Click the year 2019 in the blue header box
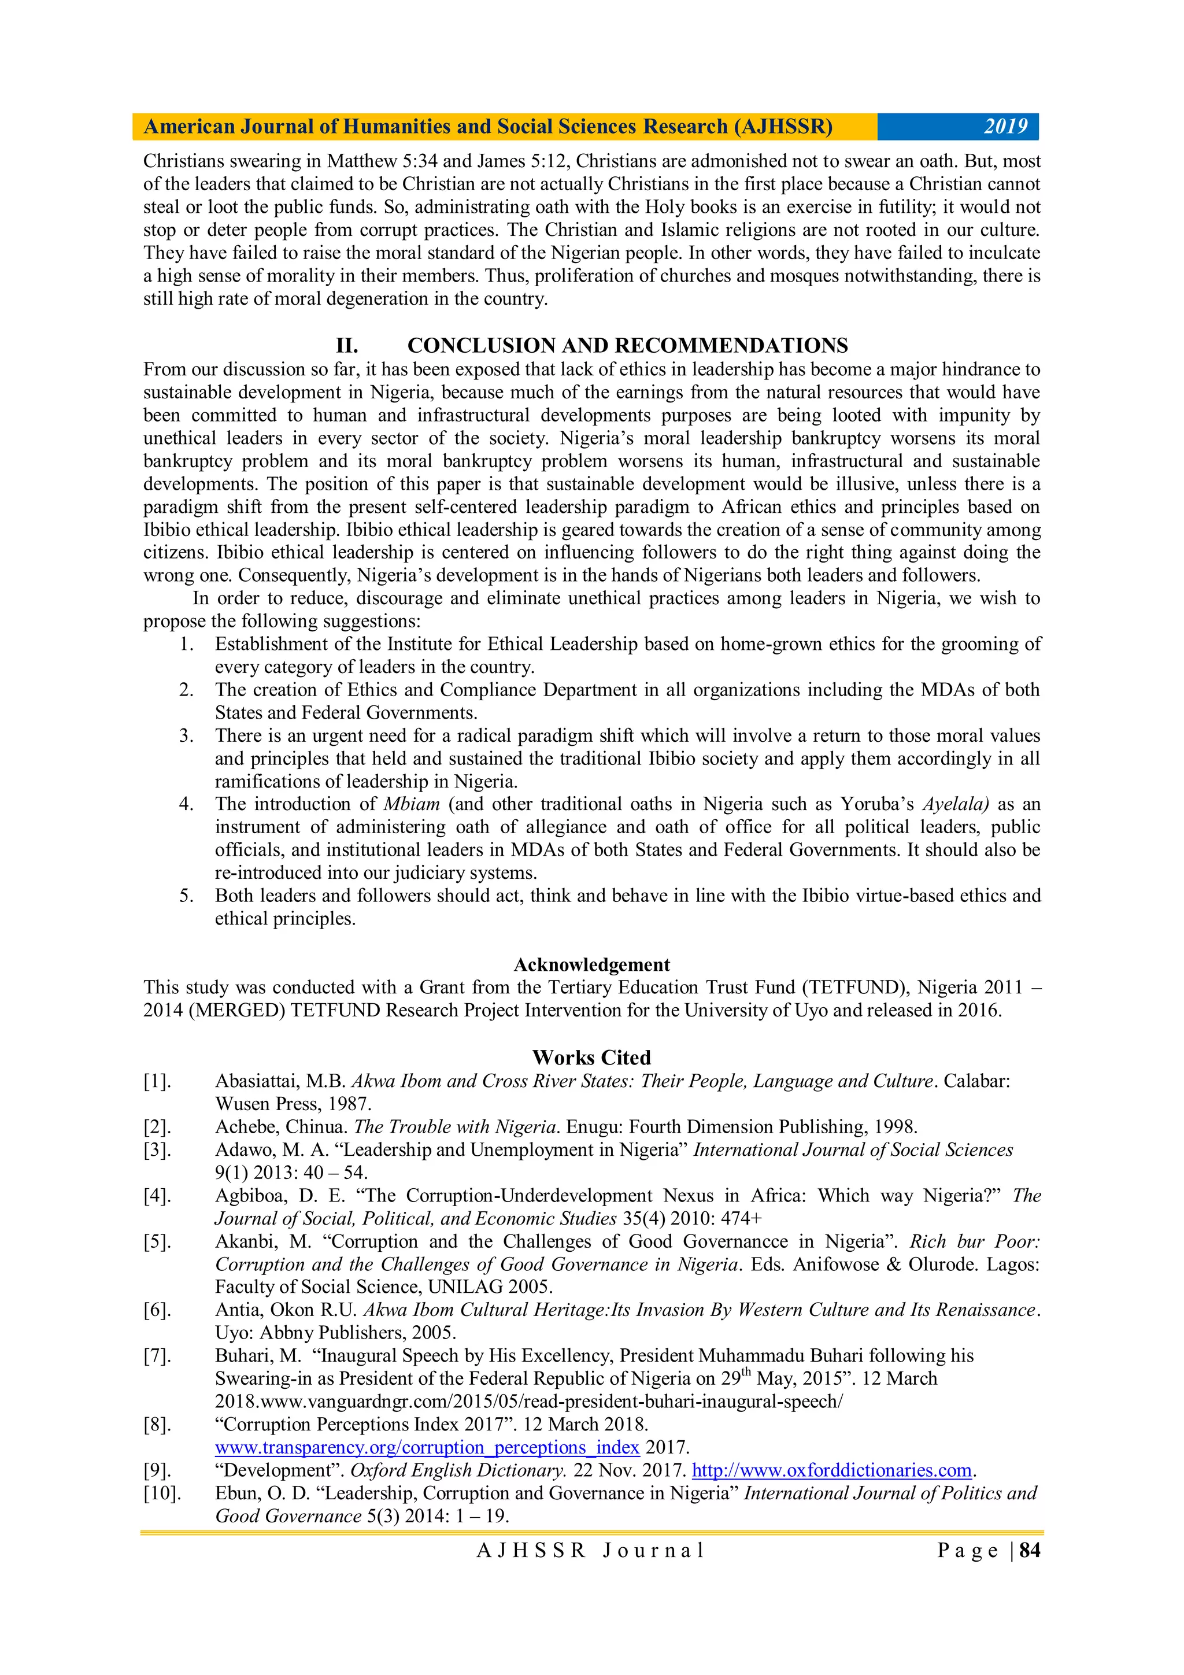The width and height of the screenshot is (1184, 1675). (1005, 127)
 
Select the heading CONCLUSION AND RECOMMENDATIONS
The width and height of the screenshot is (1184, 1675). (627, 345)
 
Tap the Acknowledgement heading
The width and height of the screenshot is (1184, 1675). (591, 964)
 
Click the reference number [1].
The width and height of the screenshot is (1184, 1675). (157, 1081)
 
